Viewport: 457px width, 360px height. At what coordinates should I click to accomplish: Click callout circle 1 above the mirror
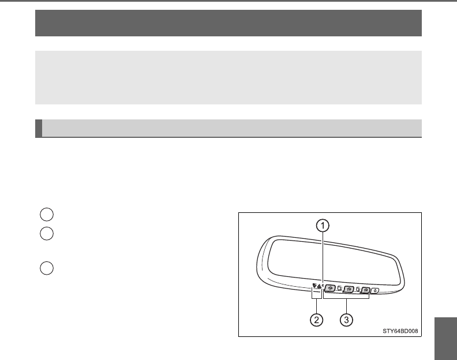323,226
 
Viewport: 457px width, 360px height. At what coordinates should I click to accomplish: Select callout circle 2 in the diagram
317,320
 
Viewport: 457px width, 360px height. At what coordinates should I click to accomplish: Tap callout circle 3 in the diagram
347,320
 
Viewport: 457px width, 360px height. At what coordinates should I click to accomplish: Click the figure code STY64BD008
400,331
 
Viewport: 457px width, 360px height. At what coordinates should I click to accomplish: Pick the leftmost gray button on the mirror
330,288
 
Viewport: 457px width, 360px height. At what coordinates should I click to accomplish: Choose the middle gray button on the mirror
349,289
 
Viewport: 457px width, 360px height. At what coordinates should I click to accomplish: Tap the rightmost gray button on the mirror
366,290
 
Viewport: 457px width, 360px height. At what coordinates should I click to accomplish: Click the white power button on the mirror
376,290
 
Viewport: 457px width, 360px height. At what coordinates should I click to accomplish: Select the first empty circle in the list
47,215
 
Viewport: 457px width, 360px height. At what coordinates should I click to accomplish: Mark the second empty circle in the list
47,234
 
